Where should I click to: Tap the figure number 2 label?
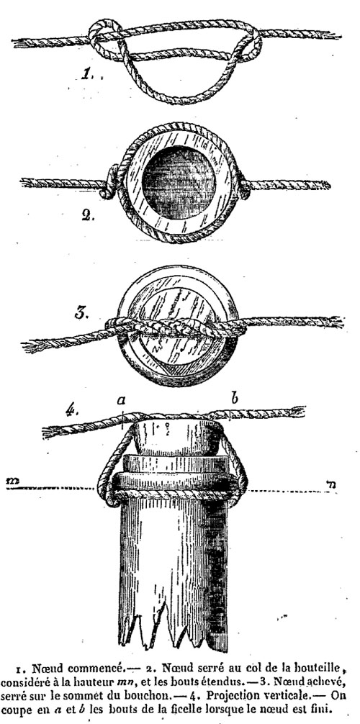[87, 216]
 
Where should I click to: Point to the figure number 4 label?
[71, 411]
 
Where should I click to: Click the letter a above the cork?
[122, 401]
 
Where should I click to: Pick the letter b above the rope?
[234, 398]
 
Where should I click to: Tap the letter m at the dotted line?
[12, 481]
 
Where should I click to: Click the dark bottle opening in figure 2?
[179, 182]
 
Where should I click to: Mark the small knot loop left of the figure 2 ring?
[109, 182]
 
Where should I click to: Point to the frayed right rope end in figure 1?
[332, 35]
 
